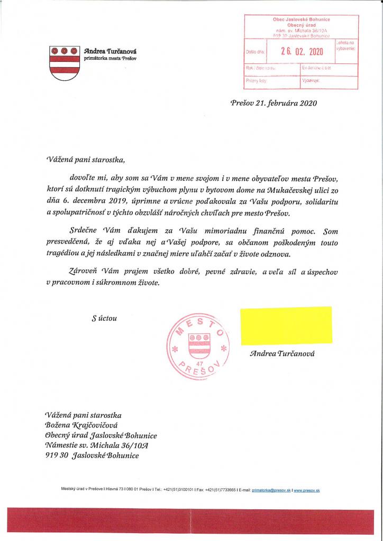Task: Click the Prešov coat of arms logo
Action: click(63, 62)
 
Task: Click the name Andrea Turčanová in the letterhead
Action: click(110, 51)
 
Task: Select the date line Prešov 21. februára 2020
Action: click(273, 103)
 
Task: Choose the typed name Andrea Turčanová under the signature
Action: click(282, 353)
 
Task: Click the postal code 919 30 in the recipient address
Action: click(57, 455)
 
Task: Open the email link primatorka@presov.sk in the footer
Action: click(270, 490)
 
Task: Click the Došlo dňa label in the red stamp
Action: click(254, 52)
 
